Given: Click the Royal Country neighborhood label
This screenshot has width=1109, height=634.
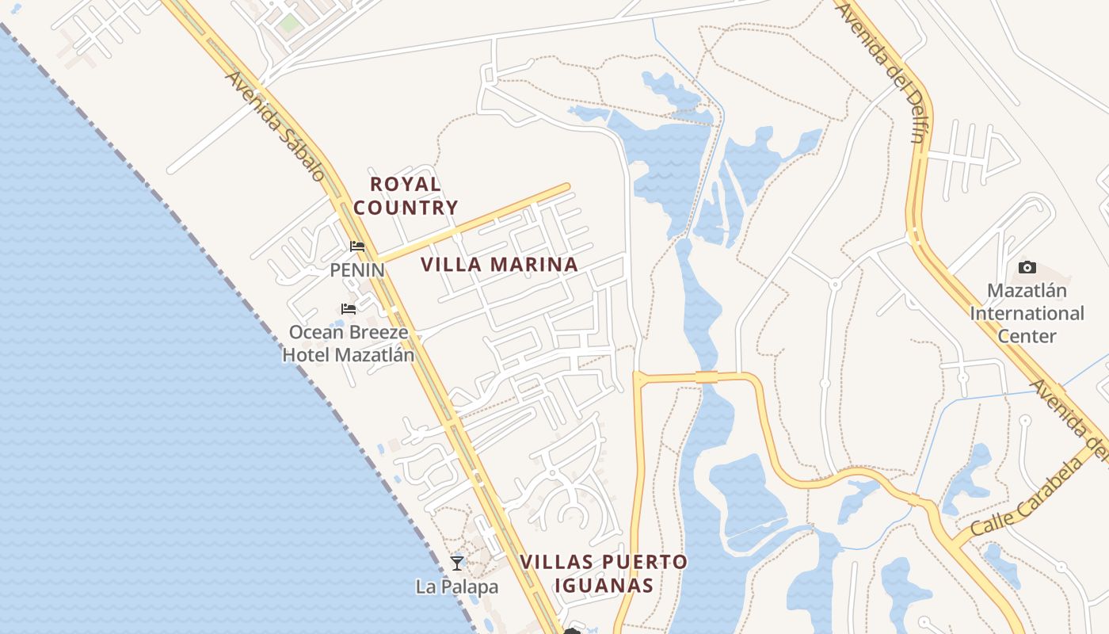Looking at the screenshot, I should coord(406,196).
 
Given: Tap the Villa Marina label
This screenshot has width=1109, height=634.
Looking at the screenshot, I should coord(499,265).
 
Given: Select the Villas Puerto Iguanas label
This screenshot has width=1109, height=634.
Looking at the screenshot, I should coord(604,574).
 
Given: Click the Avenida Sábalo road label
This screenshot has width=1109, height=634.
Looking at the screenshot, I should coord(276,126).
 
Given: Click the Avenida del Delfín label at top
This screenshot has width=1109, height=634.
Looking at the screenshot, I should coord(881,70).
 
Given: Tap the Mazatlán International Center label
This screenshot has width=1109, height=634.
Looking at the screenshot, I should coord(1027,313).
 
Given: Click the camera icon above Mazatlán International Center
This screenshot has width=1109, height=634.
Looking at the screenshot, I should coord(1027,268).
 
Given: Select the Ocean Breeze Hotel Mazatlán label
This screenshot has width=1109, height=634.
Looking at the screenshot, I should coord(349,343).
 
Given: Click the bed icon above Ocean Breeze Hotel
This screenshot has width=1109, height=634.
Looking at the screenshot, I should coord(349,308).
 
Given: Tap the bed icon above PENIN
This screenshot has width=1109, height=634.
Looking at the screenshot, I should coord(357,246).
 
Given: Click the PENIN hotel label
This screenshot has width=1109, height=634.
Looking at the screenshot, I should coord(357,270).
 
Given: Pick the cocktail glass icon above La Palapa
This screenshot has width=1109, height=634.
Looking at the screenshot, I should coord(457,563).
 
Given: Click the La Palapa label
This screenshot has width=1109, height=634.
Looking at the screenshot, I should coord(457,587).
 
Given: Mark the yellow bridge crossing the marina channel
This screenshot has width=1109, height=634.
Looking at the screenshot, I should coord(707,377).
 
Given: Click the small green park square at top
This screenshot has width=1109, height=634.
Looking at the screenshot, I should coord(289,23).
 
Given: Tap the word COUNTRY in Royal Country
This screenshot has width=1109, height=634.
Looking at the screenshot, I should coord(406,208).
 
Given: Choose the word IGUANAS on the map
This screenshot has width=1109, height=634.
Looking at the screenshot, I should coord(604,586).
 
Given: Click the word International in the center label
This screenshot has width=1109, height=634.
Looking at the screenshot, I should coord(1027,313).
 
